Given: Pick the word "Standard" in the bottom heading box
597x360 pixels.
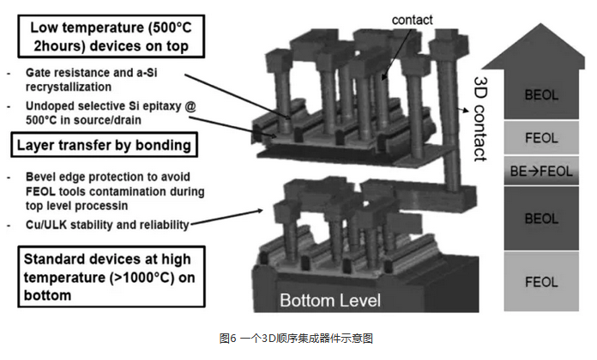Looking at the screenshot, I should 55,259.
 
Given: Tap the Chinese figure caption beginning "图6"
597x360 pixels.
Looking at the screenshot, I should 298,339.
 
